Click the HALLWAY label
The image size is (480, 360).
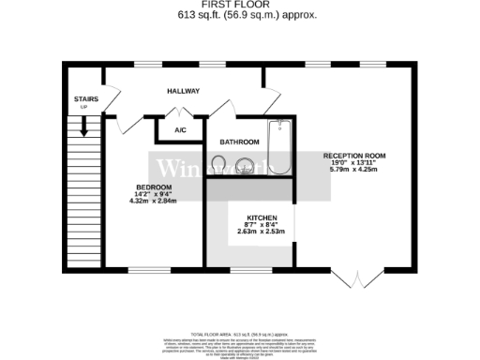(183, 91)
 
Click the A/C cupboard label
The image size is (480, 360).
(181, 130)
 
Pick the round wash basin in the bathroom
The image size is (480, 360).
(247, 167)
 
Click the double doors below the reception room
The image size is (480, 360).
(357, 278)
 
